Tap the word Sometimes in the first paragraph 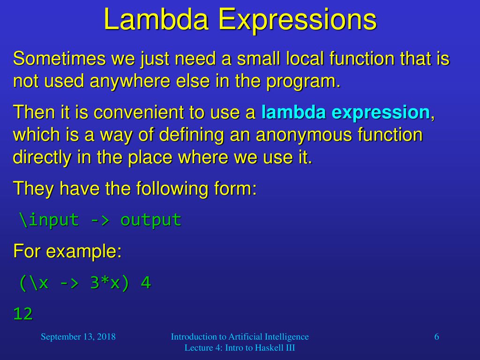coord(59,58)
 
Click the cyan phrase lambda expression coord(345,112)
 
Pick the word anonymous coord(304,135)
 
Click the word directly coord(42,157)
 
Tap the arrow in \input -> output coord(100,220)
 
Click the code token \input coord(49,220)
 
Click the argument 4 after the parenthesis coord(146,283)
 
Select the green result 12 coord(23,314)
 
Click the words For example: coord(67,252)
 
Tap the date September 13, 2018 coord(78,337)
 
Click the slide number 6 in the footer coord(436,337)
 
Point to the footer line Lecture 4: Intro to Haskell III coord(240,348)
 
